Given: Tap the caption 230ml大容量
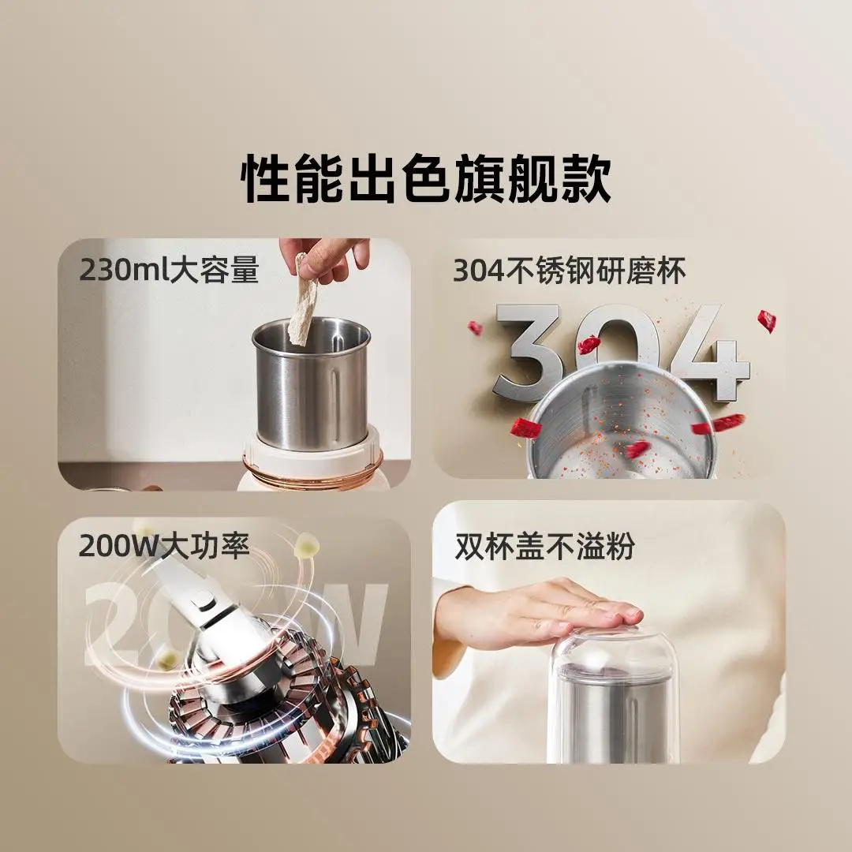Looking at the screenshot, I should pyautogui.click(x=169, y=271).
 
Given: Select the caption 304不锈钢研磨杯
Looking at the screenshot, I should pyautogui.click(x=569, y=271).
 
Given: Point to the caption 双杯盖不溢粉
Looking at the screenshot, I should pyautogui.click(x=544, y=547).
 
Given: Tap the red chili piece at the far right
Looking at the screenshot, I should pyautogui.click(x=766, y=320).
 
